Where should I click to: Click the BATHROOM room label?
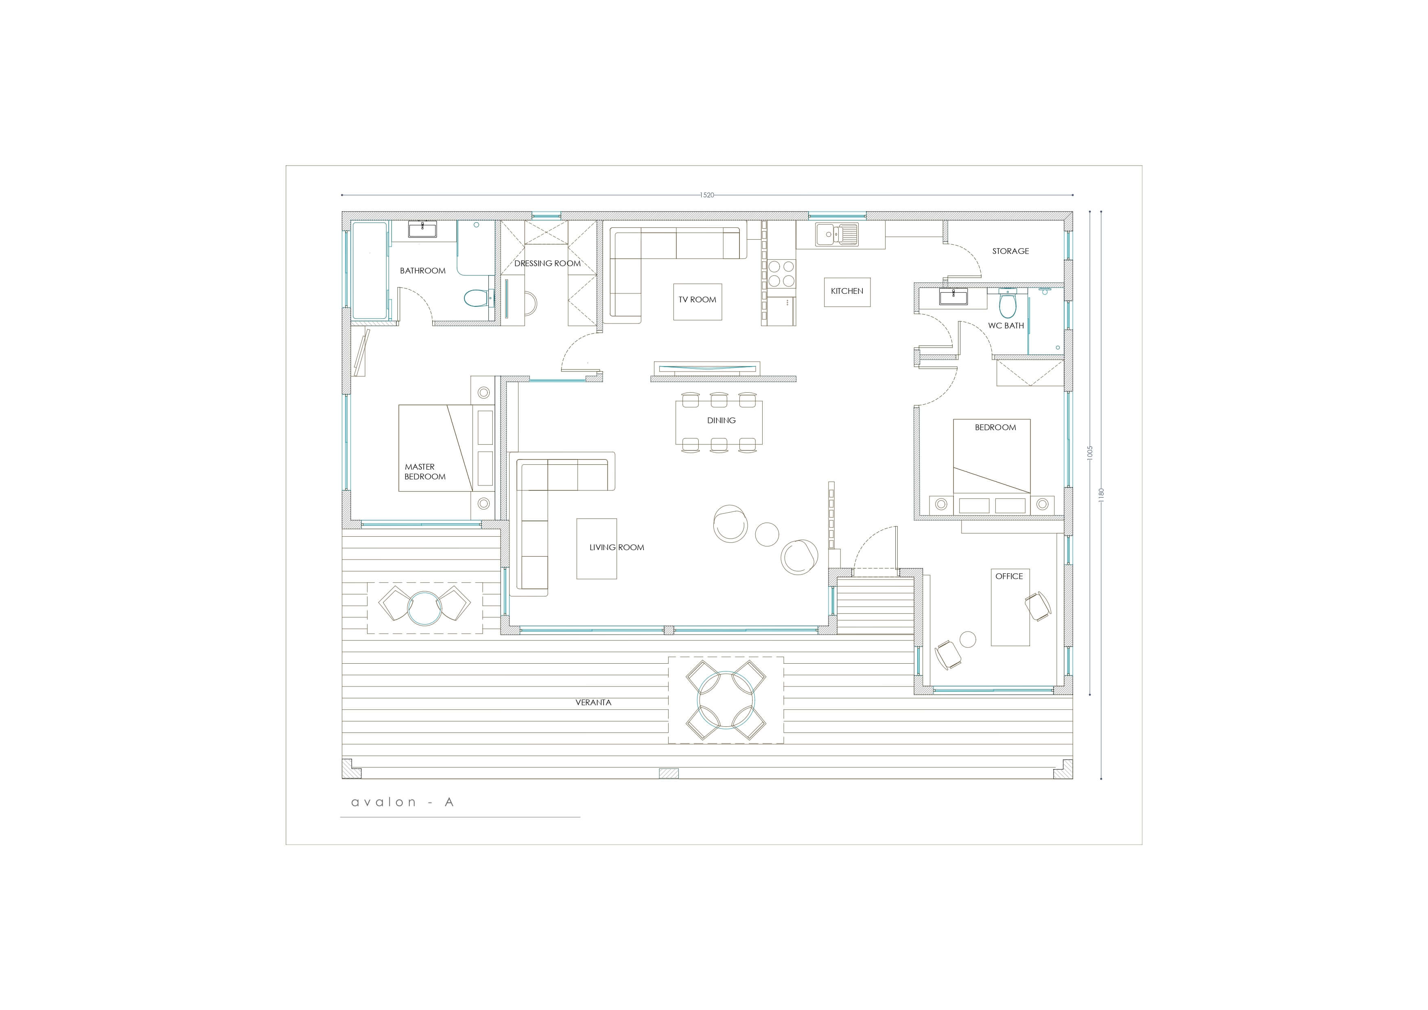422,271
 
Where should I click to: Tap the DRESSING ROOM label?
547,263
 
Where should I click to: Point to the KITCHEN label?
847,291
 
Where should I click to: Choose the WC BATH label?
1006,325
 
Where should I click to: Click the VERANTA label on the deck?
593,702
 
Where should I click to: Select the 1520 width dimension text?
707,195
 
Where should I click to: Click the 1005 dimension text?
1090,452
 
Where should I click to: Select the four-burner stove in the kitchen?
781,273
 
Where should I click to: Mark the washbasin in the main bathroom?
422,230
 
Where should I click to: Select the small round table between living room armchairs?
767,534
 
